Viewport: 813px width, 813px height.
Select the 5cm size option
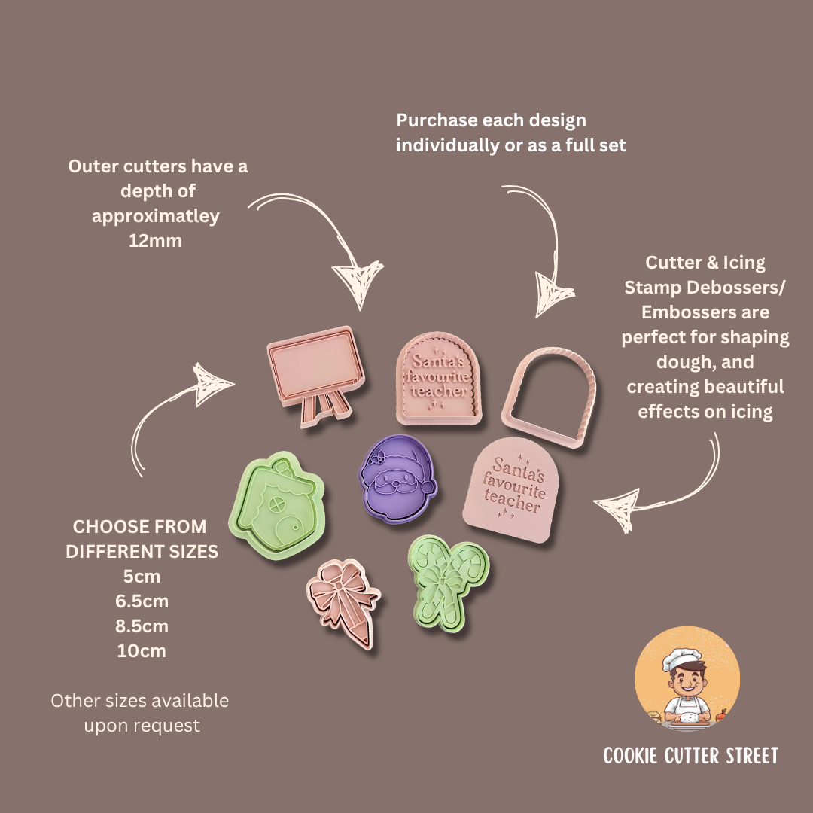[x=142, y=577]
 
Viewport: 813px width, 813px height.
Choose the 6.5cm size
[x=142, y=601]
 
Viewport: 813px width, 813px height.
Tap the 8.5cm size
[x=142, y=626]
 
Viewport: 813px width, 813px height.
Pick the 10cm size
[x=142, y=651]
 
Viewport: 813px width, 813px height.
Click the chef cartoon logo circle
[x=687, y=681]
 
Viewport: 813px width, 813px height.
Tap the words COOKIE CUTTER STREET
[x=690, y=756]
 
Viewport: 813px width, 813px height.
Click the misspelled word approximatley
[x=156, y=216]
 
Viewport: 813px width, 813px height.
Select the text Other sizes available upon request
[x=140, y=713]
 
